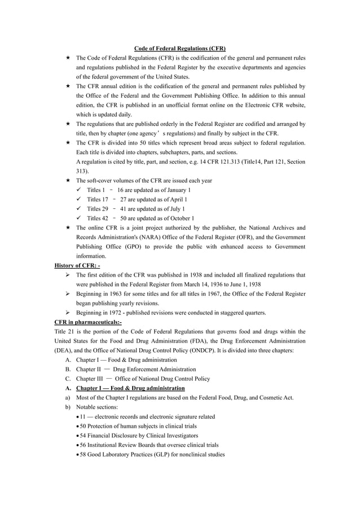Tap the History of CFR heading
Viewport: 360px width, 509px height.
pos(77,265)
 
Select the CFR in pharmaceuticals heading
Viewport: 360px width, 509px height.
pos(87,322)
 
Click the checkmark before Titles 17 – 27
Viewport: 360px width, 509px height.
pos(79,200)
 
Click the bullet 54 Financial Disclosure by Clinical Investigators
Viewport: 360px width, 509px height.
pos(139,436)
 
